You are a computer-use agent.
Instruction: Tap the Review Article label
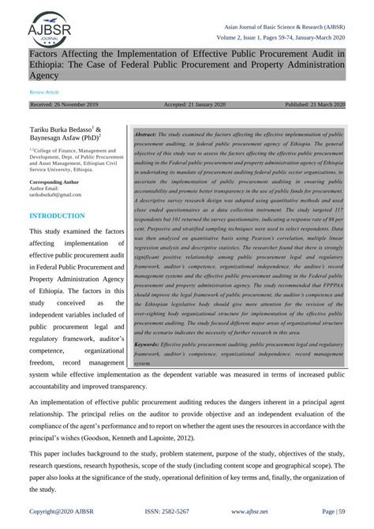tap(44, 92)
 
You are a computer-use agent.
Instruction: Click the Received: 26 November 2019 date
tap(63, 104)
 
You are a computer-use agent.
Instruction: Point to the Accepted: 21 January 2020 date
tap(195, 104)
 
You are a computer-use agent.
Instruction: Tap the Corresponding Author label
tap(56, 182)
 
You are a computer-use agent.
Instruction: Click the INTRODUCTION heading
tap(57, 216)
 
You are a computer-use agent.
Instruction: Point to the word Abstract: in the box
tap(151, 136)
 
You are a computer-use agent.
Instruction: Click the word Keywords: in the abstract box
tap(152, 345)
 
